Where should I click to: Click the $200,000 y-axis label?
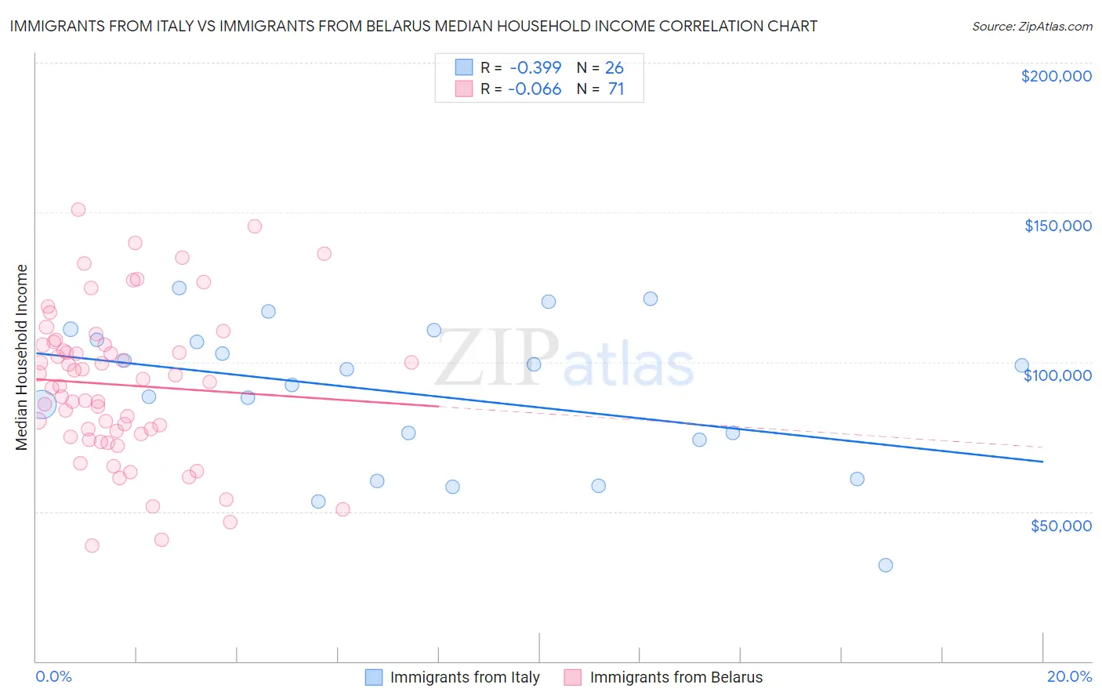click(1056, 76)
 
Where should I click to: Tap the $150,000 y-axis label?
click(1057, 226)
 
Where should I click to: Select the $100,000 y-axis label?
click(1057, 375)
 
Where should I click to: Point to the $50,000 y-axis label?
click(1060, 525)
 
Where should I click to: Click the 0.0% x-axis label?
click(53, 676)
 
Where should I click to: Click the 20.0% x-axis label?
click(1069, 676)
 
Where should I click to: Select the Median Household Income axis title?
click(21, 357)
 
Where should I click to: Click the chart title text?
click(413, 27)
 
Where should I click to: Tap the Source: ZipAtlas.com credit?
click(1031, 27)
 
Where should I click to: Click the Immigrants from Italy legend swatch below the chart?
click(374, 677)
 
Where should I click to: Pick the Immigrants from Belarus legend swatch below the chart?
click(573, 677)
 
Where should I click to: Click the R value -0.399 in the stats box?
click(535, 68)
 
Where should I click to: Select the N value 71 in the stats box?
click(616, 89)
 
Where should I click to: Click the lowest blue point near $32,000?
click(886, 565)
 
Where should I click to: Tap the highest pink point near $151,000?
click(78, 209)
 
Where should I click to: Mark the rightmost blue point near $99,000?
click(1021, 365)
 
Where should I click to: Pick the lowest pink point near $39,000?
click(92, 545)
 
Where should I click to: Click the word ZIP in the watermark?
click(496, 357)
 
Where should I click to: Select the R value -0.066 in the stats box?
click(535, 89)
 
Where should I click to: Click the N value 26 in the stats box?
click(614, 68)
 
